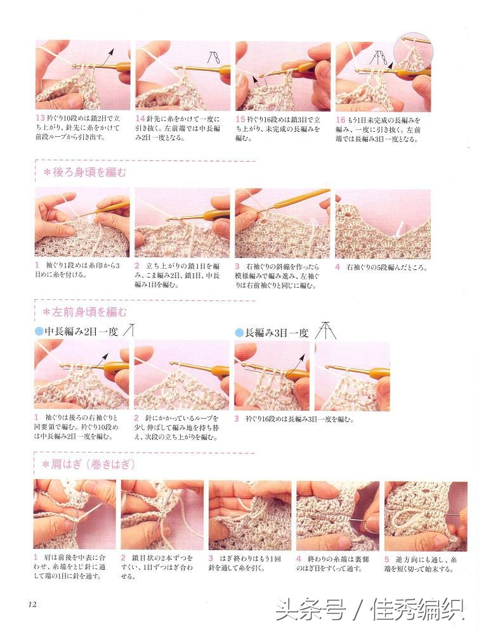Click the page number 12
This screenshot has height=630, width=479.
[x=32, y=604]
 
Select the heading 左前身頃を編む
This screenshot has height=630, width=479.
[x=89, y=312]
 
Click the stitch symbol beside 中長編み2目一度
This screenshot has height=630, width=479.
[x=129, y=330]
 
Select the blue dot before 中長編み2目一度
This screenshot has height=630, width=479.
[x=38, y=331]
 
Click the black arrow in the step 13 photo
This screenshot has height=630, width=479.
[x=106, y=56]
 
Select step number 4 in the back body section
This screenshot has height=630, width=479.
[x=338, y=267]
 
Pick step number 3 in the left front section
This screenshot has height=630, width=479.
[x=237, y=419]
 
